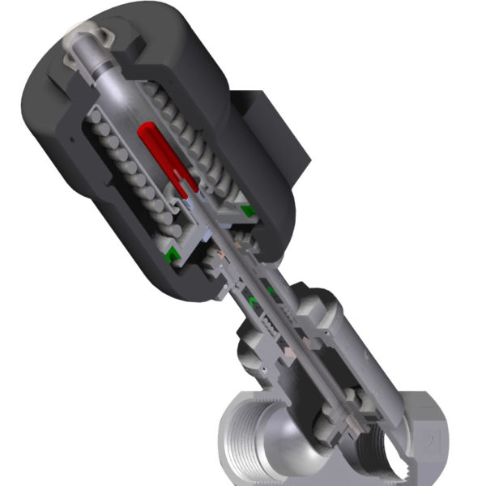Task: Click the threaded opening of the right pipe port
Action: pyautogui.click(x=381, y=454)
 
